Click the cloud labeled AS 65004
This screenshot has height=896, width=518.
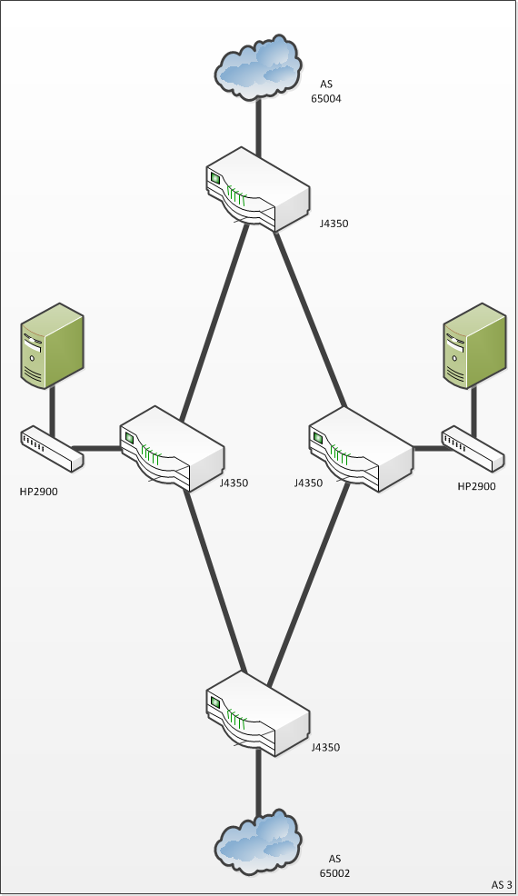pos(258,67)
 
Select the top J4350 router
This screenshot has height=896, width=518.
pos(258,190)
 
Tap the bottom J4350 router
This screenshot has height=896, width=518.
pos(258,713)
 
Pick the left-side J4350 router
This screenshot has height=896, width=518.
pos(172,449)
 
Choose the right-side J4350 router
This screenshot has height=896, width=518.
pos(361,449)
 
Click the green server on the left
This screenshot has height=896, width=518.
pos(52,346)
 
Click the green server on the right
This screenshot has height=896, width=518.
pos(474,346)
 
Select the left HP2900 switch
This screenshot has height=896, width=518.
pos(52,449)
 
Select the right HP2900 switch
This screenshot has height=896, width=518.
pos(473,449)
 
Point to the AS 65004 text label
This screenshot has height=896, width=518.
pos(326,92)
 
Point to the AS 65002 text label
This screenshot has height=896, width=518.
pos(334,866)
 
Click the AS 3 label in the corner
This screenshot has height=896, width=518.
pos(502,884)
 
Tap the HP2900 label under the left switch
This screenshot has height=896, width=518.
pos(38,492)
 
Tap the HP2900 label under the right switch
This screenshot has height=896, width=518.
pos(477,486)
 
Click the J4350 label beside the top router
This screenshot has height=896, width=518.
pos(334,224)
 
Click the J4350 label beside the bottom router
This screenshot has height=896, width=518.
pos(325,748)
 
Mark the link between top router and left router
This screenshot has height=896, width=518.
pos(215,322)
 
